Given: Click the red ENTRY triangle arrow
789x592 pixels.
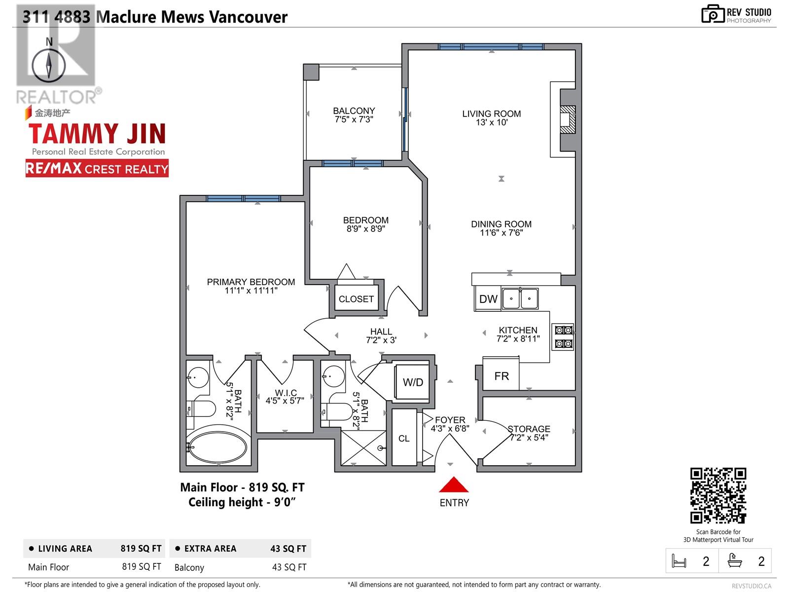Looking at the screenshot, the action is tap(454, 484).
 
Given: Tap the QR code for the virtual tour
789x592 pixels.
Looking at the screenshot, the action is tap(718, 495).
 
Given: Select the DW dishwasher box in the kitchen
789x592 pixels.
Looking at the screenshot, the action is tap(488, 298).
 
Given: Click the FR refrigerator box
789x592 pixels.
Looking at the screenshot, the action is tap(501, 375).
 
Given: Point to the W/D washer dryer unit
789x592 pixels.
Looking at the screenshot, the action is tap(412, 382).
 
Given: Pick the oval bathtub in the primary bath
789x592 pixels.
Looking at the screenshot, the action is tap(218, 447).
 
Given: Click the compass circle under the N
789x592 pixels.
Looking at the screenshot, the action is tap(48, 66).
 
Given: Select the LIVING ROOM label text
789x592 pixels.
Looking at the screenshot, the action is tap(491, 113).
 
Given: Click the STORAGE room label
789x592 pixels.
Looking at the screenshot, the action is tap(529, 428).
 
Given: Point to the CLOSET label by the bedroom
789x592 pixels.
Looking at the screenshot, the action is tap(356, 298).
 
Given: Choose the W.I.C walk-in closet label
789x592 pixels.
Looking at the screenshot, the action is tap(286, 393).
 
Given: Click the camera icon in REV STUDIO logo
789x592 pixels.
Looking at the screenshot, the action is tap(713, 14).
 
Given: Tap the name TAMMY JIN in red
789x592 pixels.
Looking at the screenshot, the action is tap(97, 133).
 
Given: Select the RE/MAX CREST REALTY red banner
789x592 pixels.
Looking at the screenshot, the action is tap(97, 169).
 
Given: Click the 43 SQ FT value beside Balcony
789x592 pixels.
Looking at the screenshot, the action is tap(289, 567).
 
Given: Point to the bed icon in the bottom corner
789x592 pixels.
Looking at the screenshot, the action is tap(679, 561).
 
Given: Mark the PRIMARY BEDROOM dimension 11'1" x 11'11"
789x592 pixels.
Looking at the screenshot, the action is tap(251, 291).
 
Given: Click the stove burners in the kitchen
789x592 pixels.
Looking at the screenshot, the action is tap(563, 337).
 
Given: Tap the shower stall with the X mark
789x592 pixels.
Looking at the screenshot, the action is tap(363, 447).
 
